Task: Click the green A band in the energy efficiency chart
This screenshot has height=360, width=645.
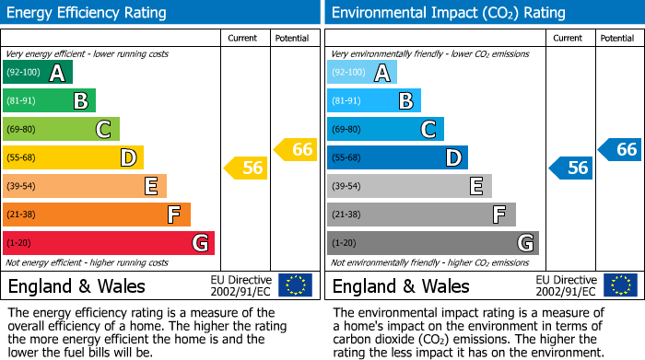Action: tap(37, 73)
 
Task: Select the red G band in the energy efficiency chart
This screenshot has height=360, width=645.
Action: tap(109, 243)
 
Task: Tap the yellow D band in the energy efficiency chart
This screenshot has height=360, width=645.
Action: tap(73, 157)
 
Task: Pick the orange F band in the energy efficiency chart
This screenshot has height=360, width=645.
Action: tap(97, 215)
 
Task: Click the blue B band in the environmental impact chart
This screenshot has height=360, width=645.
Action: tap(373, 101)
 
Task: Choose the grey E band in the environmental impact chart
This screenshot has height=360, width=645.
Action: tap(409, 186)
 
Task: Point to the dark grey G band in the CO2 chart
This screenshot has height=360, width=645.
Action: tap(432, 243)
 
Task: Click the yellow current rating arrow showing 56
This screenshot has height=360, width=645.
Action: tap(245, 168)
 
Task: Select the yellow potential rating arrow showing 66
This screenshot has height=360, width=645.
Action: tap(296, 149)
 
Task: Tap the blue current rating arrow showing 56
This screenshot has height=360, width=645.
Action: tap(570, 168)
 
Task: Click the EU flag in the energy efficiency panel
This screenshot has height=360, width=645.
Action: tap(295, 285)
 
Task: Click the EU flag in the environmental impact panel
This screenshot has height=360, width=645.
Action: tap(620, 285)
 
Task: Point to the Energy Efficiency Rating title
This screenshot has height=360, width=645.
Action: tap(88, 13)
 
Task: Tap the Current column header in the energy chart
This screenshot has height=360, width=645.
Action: tap(242, 39)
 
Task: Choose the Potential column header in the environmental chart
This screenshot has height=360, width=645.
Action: tap(616, 39)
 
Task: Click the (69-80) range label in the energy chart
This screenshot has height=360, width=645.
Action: tap(23, 130)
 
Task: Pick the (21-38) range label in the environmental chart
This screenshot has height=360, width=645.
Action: tap(347, 215)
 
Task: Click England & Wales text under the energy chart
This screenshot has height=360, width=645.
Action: tap(76, 285)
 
